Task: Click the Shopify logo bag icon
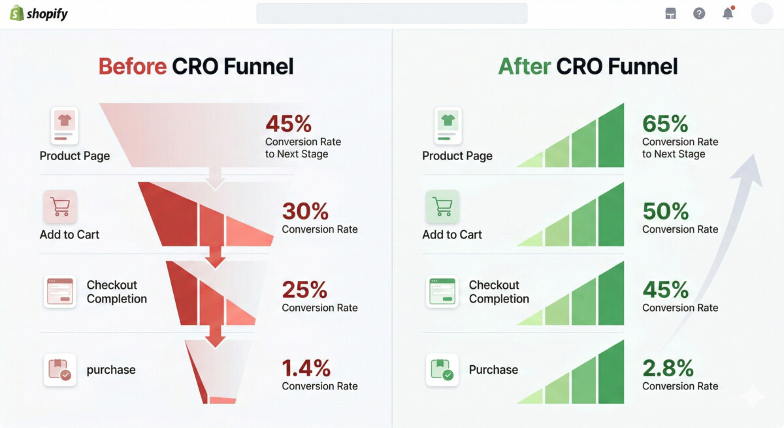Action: [x=17, y=13]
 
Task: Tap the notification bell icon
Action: [x=728, y=13]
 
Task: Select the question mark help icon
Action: [x=699, y=14]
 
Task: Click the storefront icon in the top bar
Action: [x=670, y=14]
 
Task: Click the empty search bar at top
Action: [x=391, y=14]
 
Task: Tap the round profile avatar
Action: [x=762, y=13]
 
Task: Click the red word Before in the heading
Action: [x=132, y=66]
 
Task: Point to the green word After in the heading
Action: [x=524, y=66]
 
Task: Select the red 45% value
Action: [x=288, y=123]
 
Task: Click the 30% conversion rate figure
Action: [x=305, y=211]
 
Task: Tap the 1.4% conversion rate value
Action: [x=306, y=368]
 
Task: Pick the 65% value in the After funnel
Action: [x=665, y=123]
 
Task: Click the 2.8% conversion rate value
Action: [x=668, y=368]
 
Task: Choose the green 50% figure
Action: [x=665, y=211]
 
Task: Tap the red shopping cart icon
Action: [x=60, y=207]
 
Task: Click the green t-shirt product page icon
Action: [x=448, y=126]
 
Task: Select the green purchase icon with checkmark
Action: [x=442, y=370]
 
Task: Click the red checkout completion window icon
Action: [x=60, y=291]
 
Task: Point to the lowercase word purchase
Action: [x=111, y=370]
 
